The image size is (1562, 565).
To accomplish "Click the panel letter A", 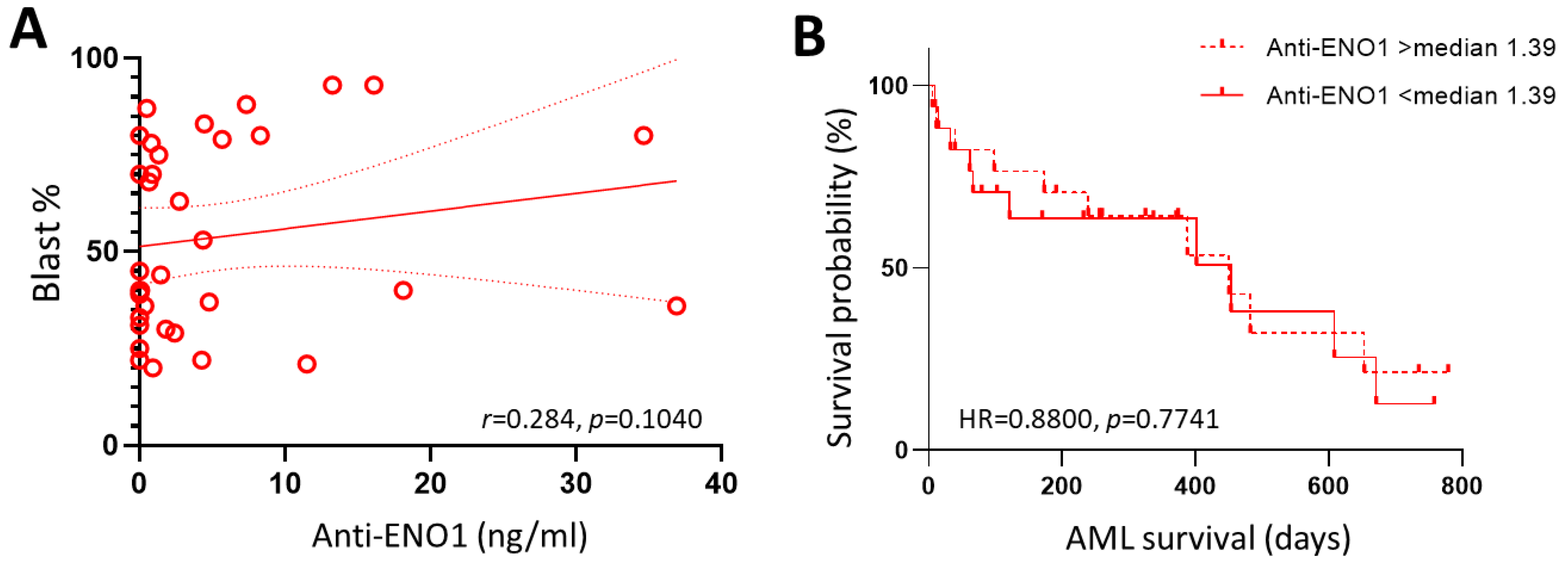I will [x=28, y=31].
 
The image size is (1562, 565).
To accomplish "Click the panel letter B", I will [x=810, y=36].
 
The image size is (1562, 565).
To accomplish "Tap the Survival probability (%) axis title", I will [x=841, y=278].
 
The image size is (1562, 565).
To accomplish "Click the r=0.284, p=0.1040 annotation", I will [x=592, y=419].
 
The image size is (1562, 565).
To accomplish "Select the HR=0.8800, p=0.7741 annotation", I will [x=1089, y=419].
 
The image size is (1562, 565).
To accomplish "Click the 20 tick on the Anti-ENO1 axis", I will [x=430, y=484].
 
